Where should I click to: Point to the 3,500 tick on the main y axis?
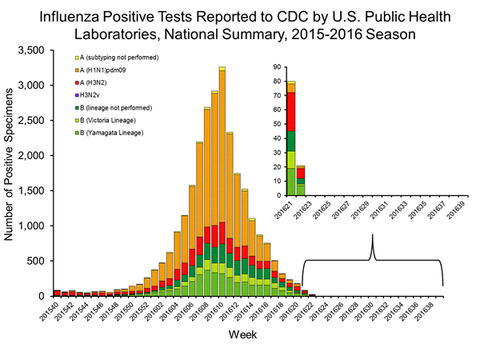36,50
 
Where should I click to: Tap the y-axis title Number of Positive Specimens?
11,173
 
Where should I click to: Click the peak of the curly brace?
373,237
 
